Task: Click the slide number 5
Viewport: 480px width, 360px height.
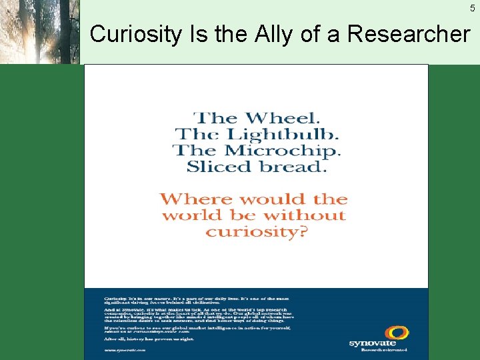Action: tap(472, 8)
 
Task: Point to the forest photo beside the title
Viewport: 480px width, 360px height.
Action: tap(40, 32)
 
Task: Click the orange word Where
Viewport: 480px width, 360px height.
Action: tap(195, 199)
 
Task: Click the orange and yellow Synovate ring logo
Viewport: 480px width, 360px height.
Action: tap(379, 333)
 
